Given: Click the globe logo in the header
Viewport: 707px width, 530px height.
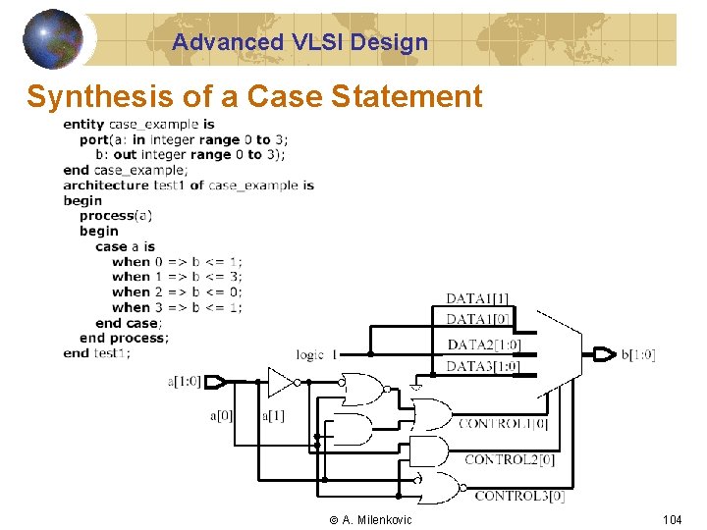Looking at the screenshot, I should click(x=53, y=38).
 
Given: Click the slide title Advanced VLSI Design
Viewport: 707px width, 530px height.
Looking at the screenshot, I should click(x=299, y=42).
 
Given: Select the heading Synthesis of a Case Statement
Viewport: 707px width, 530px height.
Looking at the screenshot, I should click(x=254, y=96).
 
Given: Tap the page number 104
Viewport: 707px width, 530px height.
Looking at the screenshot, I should click(x=672, y=519).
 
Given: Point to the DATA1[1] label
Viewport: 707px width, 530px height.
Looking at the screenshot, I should click(x=478, y=298).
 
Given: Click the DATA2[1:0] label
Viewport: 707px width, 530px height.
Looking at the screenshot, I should click(x=483, y=344).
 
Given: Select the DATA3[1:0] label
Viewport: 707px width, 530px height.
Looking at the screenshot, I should click(x=483, y=366).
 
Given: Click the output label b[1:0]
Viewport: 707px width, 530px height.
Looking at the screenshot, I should click(x=638, y=354).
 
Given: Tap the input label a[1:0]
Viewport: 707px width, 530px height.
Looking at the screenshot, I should click(x=185, y=381).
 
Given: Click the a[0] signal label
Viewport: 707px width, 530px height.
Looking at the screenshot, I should click(x=222, y=415).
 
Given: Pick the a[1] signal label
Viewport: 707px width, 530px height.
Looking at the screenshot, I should click(x=274, y=415).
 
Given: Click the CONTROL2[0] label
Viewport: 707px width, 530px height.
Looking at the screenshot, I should click(x=510, y=459).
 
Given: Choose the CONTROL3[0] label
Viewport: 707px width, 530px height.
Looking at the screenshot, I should click(x=519, y=496).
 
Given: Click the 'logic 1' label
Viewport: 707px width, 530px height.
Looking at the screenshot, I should click(x=317, y=354).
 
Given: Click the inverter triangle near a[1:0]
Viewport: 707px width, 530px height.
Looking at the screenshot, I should click(x=281, y=381).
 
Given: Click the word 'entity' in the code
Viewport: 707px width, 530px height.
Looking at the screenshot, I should click(x=83, y=124).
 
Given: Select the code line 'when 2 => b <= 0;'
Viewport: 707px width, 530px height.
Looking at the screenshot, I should click(x=177, y=291).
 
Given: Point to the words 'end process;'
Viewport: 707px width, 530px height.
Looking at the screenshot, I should click(x=124, y=338).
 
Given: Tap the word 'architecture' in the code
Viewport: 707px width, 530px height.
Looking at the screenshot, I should click(x=105, y=185).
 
